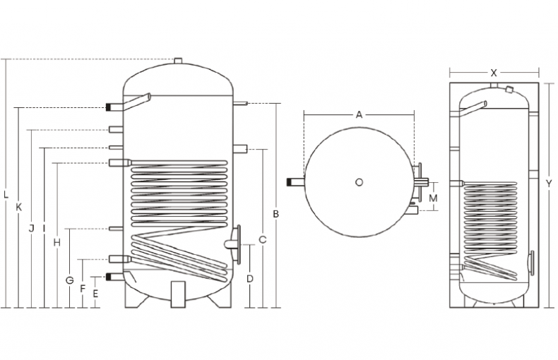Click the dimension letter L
[6, 194]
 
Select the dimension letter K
[19, 207]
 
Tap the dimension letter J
[31, 228]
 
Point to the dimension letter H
[57, 242]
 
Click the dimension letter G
[69, 280]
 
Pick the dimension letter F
[83, 288]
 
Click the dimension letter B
[277, 213]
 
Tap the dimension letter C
[262, 240]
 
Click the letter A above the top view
[359, 114]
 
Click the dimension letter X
[494, 73]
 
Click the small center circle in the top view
[359, 182]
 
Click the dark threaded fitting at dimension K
[110, 108]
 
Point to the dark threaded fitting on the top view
[292, 182]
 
